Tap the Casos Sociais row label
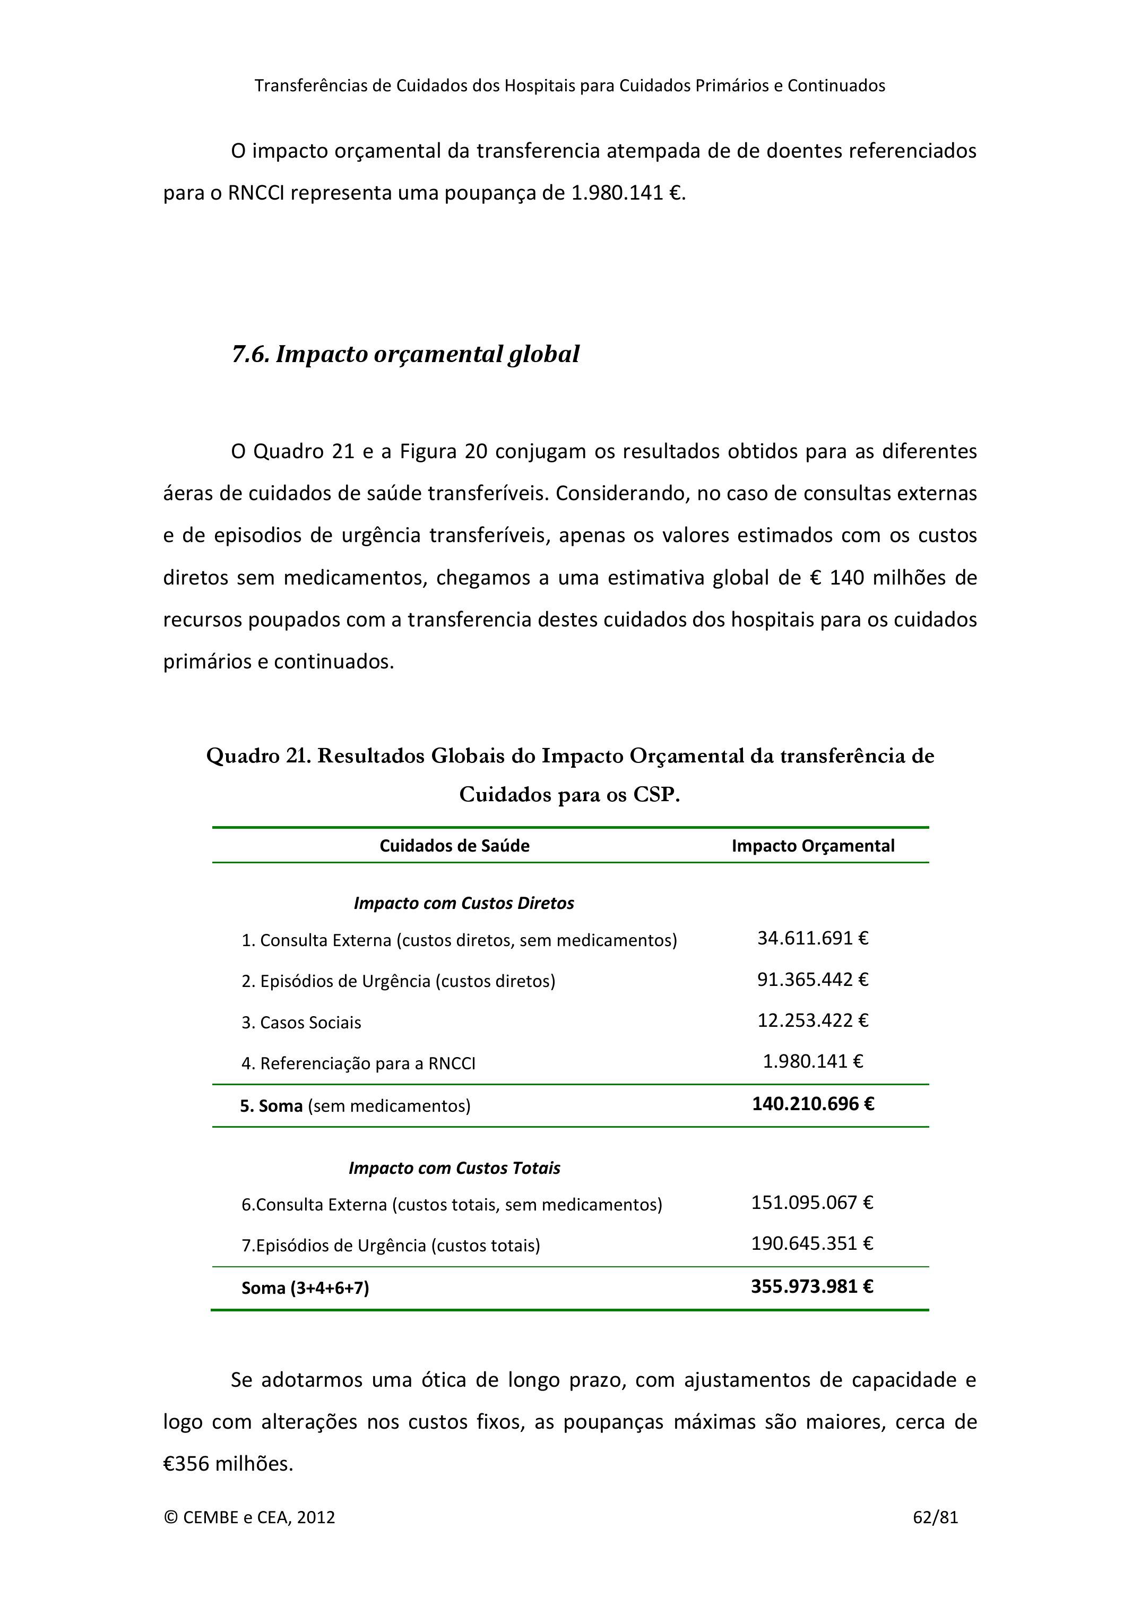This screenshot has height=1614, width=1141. [x=301, y=1022]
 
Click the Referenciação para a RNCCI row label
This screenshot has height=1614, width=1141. [x=358, y=1063]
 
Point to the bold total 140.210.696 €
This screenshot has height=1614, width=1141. [x=813, y=1104]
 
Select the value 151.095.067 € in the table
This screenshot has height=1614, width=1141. [x=812, y=1202]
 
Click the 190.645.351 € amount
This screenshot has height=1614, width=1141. [x=812, y=1243]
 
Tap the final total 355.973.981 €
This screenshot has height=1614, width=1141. [x=812, y=1286]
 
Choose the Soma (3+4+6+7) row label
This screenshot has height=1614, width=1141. [x=305, y=1288]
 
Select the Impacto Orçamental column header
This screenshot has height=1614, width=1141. [x=813, y=846]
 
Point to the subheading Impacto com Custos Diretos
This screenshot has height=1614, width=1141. [x=464, y=903]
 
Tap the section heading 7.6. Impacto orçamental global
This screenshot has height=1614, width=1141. [x=405, y=354]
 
